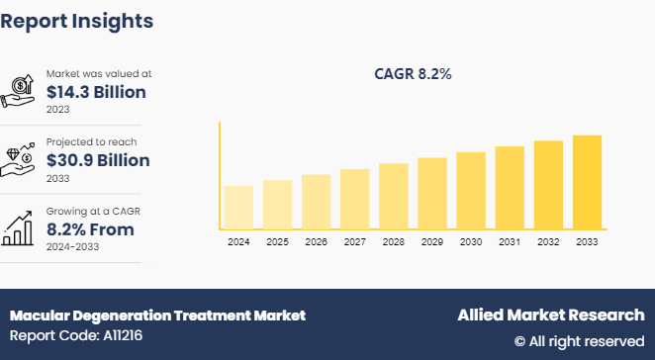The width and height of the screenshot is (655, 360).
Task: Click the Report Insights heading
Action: point(77,21)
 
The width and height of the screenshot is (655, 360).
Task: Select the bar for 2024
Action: point(238,207)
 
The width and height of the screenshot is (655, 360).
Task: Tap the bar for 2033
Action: point(587,182)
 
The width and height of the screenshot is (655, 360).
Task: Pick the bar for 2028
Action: point(394,196)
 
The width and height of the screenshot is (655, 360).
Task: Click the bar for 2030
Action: point(471,190)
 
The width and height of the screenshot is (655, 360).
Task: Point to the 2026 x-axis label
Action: point(316,241)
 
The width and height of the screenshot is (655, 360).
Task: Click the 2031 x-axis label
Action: point(510,241)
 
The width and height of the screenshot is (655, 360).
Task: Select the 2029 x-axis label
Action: point(432,241)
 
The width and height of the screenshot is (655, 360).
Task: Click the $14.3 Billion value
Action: point(96,92)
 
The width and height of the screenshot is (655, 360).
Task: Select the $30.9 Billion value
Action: point(98,160)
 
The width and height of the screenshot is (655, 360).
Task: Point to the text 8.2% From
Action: point(89,229)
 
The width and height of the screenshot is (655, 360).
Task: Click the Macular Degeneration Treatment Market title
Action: point(157,315)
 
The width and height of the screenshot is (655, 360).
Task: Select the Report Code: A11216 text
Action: point(75,336)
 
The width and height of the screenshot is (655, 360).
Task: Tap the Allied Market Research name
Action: point(550,315)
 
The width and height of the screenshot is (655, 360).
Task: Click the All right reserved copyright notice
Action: point(579,341)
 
